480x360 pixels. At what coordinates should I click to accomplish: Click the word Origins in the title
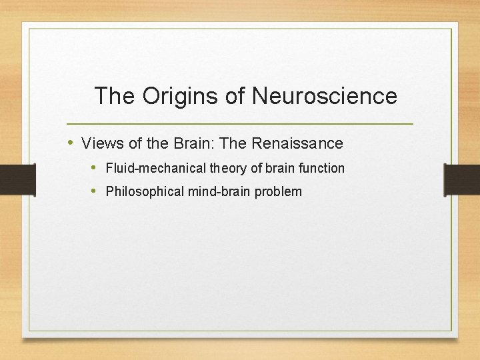pyautogui.click(x=181, y=96)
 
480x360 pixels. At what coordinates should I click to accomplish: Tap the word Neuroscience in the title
pyautogui.click(x=325, y=96)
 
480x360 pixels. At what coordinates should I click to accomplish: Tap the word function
pyautogui.click(x=321, y=168)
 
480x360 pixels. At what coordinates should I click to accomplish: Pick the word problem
pyautogui.click(x=279, y=192)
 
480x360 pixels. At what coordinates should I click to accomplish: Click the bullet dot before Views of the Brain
pyautogui.click(x=71, y=143)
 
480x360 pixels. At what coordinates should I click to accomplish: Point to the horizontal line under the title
pyautogui.click(x=240, y=124)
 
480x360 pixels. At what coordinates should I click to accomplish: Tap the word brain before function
pyautogui.click(x=281, y=168)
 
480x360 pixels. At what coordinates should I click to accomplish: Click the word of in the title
pyautogui.click(x=235, y=96)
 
